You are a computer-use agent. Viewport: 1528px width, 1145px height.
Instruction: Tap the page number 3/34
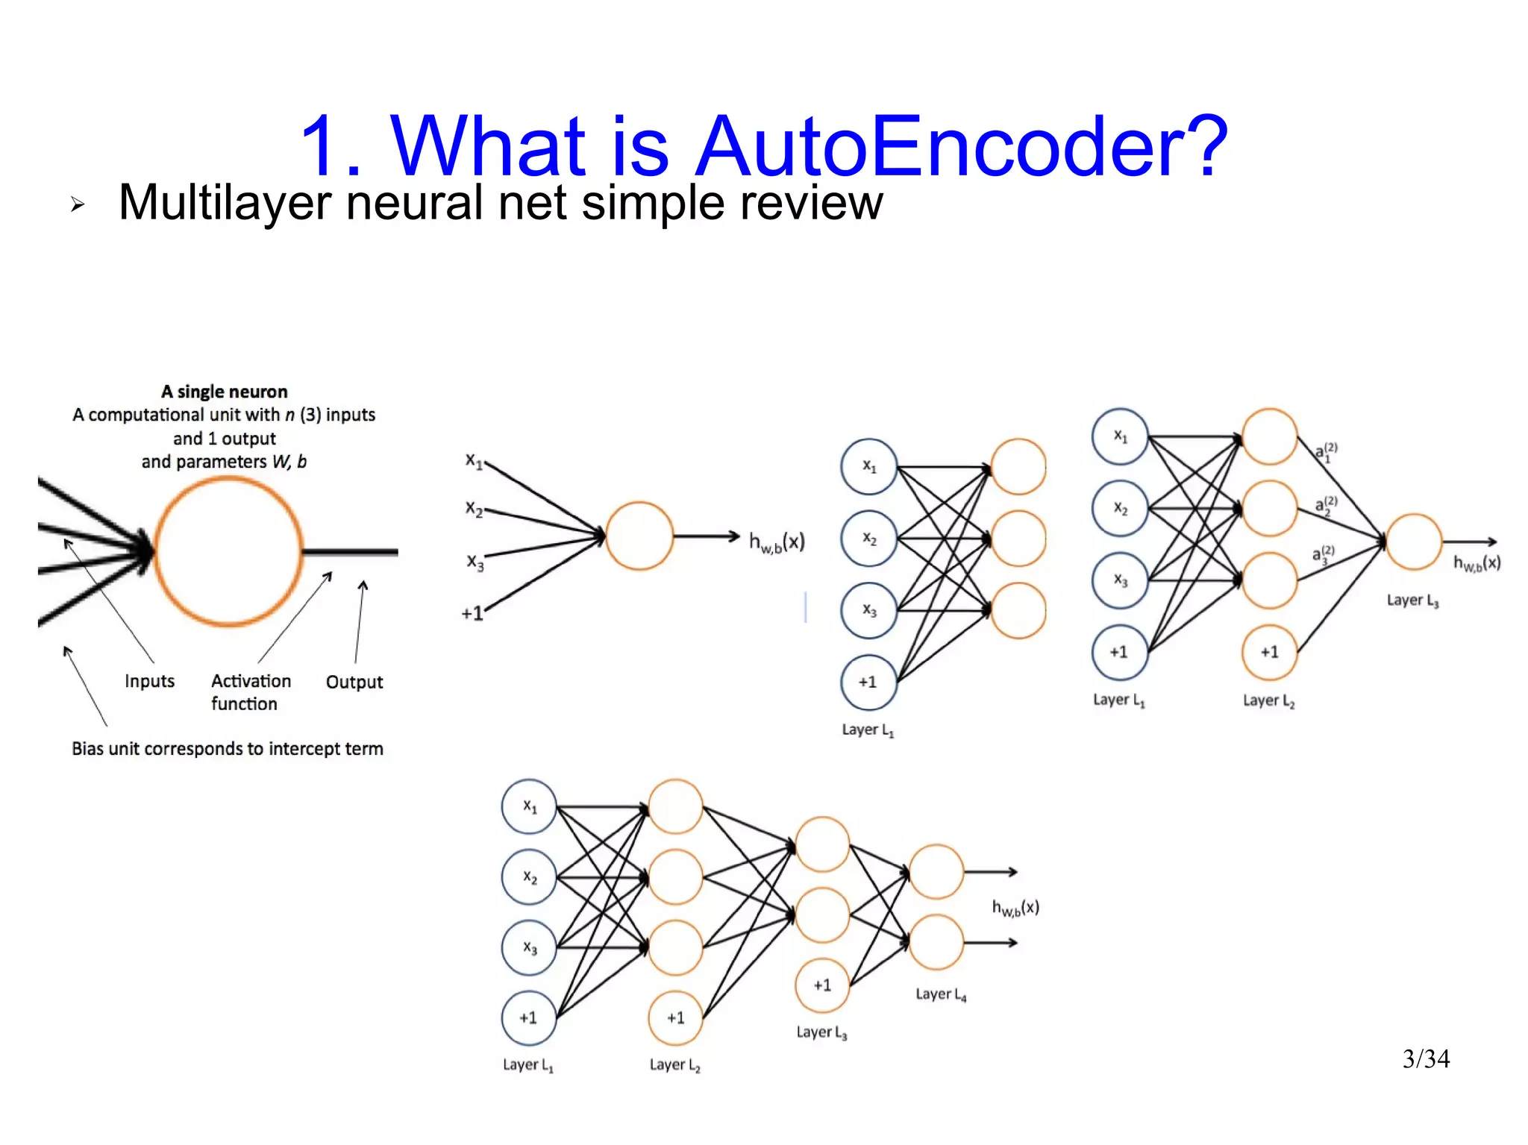1425,1058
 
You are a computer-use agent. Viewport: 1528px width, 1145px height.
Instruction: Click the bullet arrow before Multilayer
78,204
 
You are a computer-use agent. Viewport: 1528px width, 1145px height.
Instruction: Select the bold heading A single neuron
224,392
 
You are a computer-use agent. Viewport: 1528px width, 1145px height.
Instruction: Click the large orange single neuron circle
228,551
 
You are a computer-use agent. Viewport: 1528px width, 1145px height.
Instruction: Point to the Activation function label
250,691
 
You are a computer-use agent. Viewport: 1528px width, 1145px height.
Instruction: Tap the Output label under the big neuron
354,682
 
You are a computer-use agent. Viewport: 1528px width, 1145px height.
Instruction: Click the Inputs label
149,681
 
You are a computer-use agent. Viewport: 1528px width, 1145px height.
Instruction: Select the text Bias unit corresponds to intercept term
228,748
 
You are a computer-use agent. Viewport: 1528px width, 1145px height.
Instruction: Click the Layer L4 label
940,994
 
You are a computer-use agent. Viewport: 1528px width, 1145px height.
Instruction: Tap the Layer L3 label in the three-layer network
1412,600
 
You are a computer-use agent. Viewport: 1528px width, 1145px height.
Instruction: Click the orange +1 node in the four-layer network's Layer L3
822,985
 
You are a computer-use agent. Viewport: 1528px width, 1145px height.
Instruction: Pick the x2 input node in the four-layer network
529,877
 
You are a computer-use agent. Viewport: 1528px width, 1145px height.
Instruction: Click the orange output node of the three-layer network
1413,542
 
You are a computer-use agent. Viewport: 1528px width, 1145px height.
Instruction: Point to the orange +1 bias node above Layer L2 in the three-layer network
1269,653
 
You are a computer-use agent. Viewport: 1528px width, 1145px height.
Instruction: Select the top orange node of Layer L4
936,871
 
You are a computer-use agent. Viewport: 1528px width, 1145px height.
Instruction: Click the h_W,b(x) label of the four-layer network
1015,908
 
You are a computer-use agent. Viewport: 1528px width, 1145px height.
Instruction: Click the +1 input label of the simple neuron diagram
472,614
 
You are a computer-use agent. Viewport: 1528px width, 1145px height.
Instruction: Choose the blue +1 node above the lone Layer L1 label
868,682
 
